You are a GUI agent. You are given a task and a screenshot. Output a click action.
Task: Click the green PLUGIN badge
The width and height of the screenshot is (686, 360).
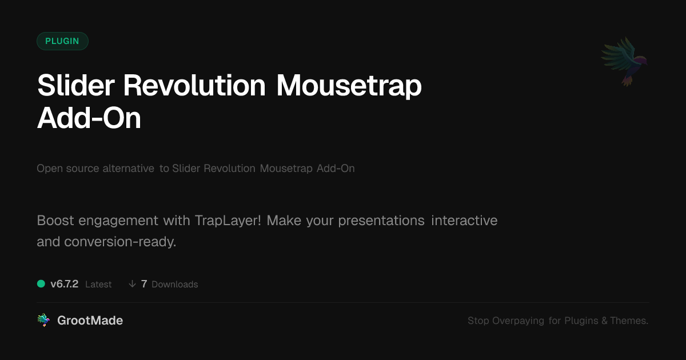62,41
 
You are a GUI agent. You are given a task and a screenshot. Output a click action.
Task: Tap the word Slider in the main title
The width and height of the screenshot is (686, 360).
76,85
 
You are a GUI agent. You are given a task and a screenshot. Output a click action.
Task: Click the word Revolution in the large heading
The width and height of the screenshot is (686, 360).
194,85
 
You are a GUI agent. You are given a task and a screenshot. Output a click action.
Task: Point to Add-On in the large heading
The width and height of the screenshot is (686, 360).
89,118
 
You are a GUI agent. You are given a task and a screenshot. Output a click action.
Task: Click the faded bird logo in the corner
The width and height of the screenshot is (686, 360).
624,62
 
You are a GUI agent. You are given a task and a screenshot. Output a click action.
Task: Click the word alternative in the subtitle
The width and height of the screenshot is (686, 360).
128,169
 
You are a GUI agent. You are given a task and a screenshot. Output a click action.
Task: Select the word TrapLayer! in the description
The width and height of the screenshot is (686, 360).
228,221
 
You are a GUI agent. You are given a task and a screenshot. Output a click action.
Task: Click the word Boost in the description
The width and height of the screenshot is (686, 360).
55,221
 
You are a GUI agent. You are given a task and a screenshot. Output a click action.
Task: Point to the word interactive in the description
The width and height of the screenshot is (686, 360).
464,221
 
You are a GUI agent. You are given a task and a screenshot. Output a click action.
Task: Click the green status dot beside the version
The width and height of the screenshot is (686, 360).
41,284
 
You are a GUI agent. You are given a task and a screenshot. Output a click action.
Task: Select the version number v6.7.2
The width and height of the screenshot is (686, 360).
64,284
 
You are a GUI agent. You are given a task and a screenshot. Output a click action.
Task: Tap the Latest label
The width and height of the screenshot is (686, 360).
98,285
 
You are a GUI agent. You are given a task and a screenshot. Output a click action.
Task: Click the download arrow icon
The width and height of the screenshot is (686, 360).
132,284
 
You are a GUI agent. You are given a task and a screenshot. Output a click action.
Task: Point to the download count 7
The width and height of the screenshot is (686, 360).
144,284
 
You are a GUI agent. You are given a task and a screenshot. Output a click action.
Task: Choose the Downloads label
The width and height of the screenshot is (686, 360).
175,285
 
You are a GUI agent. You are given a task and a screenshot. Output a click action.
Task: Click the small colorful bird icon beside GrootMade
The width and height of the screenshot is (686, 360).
43,320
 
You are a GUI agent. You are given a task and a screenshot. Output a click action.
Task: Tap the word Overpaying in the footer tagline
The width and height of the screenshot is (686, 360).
518,321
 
